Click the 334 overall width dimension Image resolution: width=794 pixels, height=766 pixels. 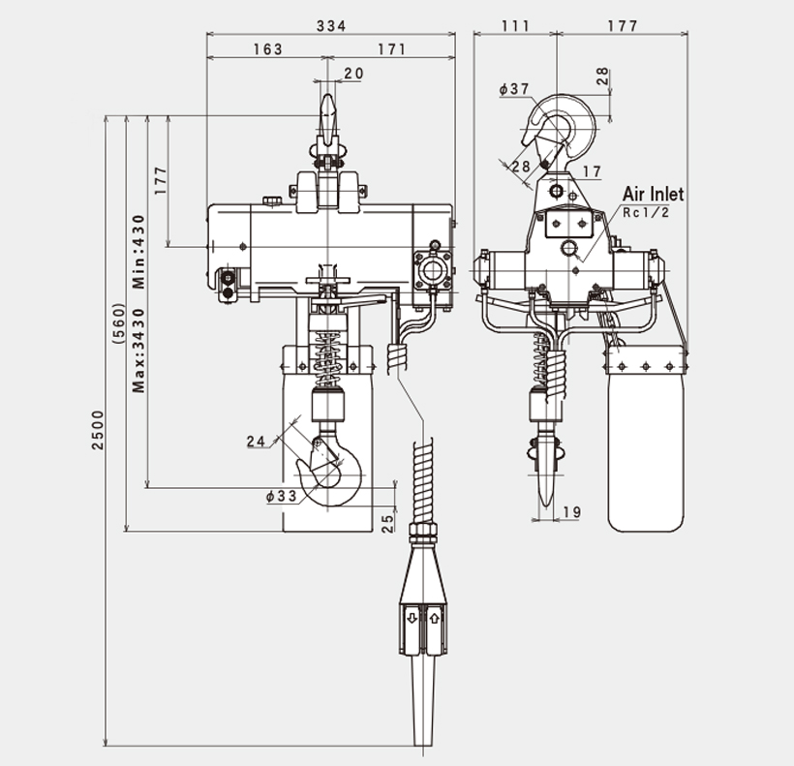pos(331,26)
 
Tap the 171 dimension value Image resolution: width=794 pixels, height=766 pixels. pos(391,49)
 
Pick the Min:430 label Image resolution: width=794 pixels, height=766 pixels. pos(139,251)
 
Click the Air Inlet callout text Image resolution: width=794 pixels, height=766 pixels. pos(653,195)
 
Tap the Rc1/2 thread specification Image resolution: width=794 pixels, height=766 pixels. pos(646,212)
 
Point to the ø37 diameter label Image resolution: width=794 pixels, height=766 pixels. pos(514,89)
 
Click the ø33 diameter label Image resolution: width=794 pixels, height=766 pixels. pos(280,496)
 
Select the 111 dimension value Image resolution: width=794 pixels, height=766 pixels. pos(515,26)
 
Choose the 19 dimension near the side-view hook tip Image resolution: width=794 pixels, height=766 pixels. pos(571,511)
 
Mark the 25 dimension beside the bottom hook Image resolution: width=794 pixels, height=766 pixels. pos(387,523)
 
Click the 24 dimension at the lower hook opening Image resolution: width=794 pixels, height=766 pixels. pos(256,442)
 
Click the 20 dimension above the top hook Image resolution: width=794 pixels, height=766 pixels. pos(353,74)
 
